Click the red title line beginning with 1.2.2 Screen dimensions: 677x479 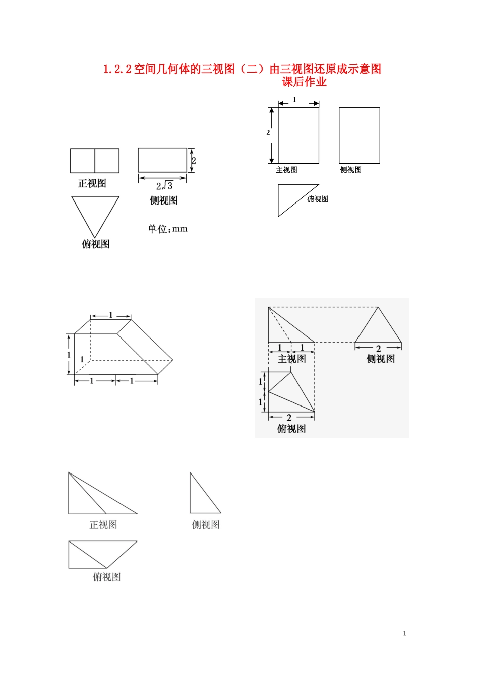(242, 69)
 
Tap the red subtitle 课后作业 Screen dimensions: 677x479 (304, 82)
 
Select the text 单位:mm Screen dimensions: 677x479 (167, 229)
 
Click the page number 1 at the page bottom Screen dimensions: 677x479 (404, 633)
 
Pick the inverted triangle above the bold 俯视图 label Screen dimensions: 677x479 (95, 212)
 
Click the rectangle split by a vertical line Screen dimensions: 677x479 (94, 161)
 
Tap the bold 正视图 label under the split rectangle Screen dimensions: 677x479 (92, 183)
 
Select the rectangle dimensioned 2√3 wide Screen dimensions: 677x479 (162, 160)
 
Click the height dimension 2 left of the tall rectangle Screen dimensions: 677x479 (268, 132)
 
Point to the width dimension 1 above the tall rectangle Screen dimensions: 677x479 (294, 100)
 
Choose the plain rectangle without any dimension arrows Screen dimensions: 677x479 (359, 136)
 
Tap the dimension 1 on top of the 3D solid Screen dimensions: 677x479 (111, 315)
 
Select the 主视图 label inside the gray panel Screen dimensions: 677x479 (291, 359)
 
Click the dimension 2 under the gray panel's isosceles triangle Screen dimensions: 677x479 (378, 349)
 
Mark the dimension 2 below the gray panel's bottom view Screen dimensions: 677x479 (289, 418)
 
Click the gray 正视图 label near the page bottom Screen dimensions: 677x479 (103, 525)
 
